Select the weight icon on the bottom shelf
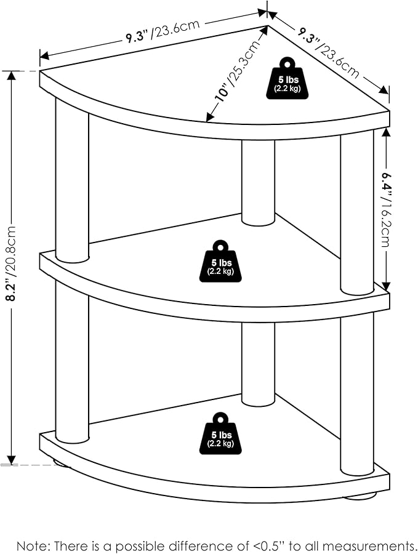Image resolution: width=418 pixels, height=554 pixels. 221,433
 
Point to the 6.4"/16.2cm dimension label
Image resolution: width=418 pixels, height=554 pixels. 386,209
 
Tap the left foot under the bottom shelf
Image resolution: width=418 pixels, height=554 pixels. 61,463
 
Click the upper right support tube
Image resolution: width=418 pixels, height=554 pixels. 357,212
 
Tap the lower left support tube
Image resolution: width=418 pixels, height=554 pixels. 72,362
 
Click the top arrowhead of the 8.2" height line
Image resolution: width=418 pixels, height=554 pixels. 12,76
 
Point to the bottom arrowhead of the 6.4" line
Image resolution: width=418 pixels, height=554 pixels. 386,287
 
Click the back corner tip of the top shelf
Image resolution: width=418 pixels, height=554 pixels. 267,26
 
